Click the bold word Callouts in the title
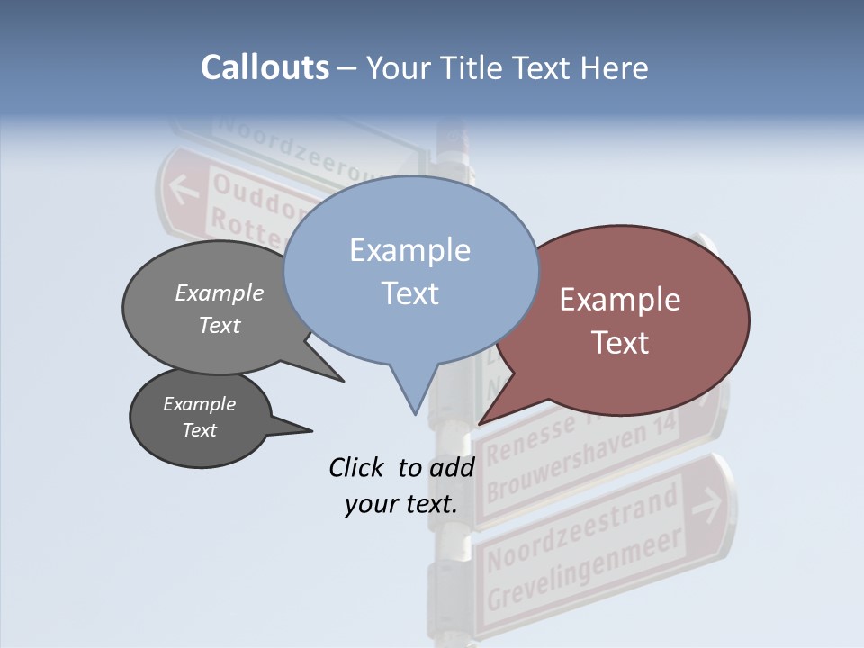(x=265, y=67)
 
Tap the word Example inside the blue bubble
(x=410, y=250)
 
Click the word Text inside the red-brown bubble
(x=621, y=343)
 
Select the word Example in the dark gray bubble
(x=199, y=404)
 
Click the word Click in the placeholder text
(x=357, y=468)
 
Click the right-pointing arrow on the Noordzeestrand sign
(x=707, y=505)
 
